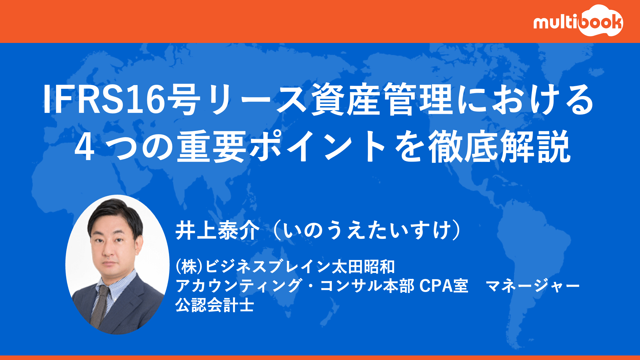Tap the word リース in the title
point(256,99)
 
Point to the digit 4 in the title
point(84,147)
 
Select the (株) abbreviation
point(190,267)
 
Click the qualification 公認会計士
point(214,305)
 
